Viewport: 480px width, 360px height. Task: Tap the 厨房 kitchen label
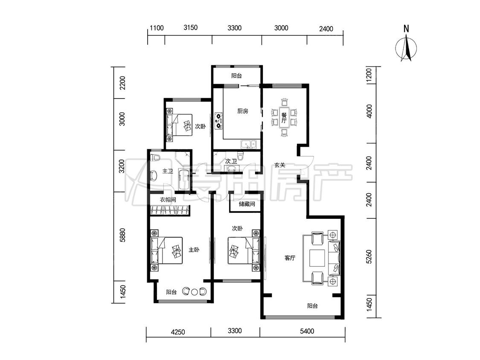click(243, 111)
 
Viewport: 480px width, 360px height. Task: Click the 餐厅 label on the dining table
click(284, 118)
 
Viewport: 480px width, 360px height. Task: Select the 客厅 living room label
click(290, 258)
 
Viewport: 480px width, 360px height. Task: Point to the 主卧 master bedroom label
click(194, 250)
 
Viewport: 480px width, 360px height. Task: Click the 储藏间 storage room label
click(247, 204)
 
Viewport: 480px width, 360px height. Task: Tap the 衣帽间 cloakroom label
click(168, 200)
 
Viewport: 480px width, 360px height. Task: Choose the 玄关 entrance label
click(280, 165)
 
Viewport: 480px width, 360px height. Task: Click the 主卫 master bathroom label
click(168, 171)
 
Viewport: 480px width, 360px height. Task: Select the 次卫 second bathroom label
click(231, 161)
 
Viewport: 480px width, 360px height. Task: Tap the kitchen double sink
click(248, 144)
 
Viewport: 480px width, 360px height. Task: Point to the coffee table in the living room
click(317, 258)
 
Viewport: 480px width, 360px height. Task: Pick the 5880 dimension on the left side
click(122, 235)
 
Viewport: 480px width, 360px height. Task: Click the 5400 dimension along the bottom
click(307, 331)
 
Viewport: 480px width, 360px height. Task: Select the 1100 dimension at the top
click(157, 28)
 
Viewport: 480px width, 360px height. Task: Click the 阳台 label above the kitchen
click(236, 75)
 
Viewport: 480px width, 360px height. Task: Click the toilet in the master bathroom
click(156, 158)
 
